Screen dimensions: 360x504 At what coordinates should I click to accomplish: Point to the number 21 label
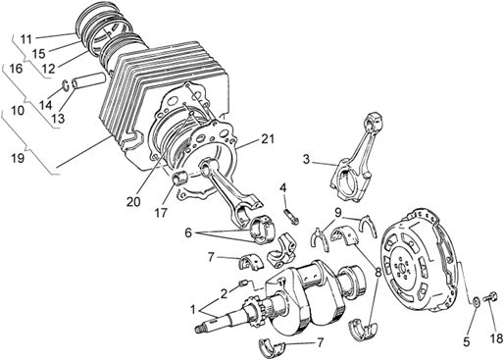tap(269, 141)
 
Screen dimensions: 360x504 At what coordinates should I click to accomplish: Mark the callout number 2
tap(224, 292)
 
